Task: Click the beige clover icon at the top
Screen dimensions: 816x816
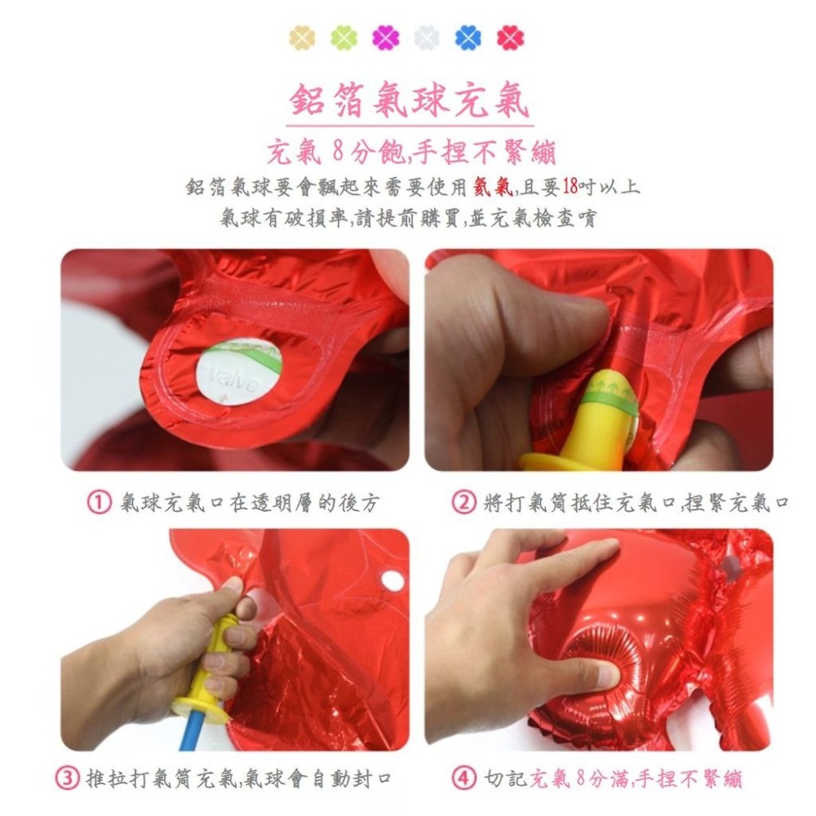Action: [303, 38]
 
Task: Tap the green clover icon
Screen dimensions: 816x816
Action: [344, 38]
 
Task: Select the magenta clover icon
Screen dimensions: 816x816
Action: [385, 38]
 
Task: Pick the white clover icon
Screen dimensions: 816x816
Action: [427, 38]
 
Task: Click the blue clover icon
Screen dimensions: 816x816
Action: [468, 38]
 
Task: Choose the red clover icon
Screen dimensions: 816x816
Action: [511, 38]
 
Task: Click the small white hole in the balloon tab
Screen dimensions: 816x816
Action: [393, 580]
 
